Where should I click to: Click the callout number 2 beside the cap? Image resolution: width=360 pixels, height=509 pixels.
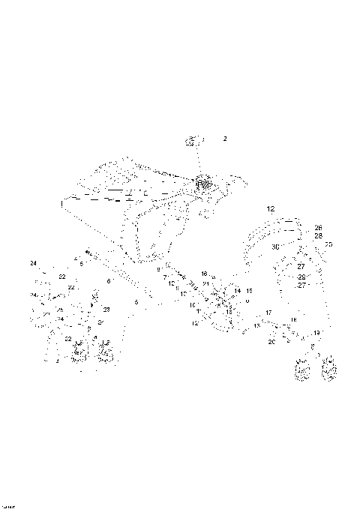[x=224, y=139]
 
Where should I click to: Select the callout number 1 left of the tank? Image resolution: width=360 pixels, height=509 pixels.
[x=61, y=203]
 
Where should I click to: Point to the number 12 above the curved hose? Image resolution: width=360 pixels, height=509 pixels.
[x=271, y=208]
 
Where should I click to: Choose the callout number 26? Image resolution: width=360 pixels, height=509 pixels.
[x=318, y=227]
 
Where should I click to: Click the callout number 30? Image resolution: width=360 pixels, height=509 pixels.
[x=274, y=247]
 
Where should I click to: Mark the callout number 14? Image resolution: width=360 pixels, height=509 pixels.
[x=238, y=290]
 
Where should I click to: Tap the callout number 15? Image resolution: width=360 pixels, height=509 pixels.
[x=250, y=290]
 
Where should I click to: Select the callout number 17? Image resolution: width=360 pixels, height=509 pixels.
[x=268, y=312]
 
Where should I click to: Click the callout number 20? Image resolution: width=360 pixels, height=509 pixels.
[x=271, y=342]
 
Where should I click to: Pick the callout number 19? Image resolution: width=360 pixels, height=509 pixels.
[x=316, y=332]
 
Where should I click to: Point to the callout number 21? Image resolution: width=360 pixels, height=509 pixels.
[x=205, y=285]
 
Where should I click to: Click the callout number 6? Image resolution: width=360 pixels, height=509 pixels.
[x=109, y=281]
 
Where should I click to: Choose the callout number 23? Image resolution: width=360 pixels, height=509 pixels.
[x=106, y=309]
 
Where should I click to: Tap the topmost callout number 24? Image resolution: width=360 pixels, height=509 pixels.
[x=33, y=263]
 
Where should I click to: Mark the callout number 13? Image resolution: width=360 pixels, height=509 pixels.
[x=256, y=327]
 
